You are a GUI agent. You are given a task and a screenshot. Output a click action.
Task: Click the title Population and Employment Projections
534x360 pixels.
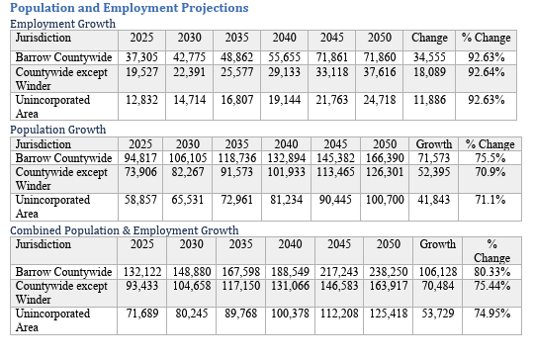[129, 8]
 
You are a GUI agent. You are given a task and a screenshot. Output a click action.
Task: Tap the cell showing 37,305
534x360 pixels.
[141, 58]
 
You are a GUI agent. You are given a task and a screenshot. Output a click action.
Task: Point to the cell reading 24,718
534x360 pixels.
[379, 100]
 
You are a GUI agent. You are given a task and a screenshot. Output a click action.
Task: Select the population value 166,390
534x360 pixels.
[386, 158]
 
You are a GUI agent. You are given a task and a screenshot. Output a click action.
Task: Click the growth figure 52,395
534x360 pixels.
[435, 172]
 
